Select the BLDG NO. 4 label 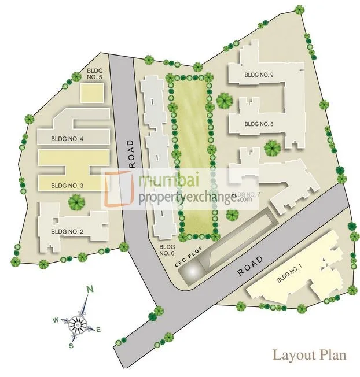(x=67, y=139)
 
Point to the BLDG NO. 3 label (x=67, y=186)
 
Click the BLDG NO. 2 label (x=67, y=232)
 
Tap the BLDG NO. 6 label (x=167, y=250)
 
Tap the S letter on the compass (x=71, y=346)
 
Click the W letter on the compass (x=56, y=319)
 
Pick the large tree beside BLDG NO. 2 (x=75, y=202)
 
